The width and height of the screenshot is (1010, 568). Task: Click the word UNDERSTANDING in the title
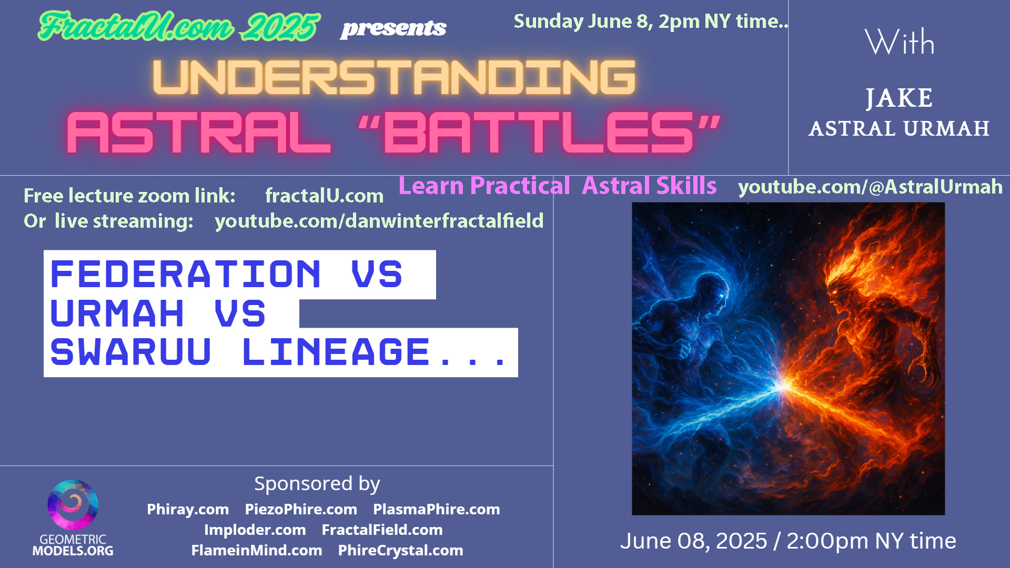(394, 77)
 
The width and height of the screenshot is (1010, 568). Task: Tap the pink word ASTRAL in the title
(199, 133)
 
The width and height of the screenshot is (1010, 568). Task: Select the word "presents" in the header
(393, 28)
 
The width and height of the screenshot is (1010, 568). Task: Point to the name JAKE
(899, 98)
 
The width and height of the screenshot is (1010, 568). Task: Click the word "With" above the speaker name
(900, 42)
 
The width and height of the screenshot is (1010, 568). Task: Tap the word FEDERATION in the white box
(185, 274)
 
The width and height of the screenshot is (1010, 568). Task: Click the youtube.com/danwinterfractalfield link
(379, 221)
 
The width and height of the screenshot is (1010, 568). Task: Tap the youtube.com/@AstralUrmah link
(870, 187)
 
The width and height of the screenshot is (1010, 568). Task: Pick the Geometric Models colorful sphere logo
(73, 504)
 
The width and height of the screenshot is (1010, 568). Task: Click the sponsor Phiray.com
(188, 509)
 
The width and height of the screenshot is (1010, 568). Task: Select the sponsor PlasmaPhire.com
(437, 509)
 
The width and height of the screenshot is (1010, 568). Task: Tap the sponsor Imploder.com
(255, 530)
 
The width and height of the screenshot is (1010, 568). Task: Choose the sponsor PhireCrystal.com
(400, 550)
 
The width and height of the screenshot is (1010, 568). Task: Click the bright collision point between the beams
(784, 386)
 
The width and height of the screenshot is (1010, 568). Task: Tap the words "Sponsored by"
(317, 484)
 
